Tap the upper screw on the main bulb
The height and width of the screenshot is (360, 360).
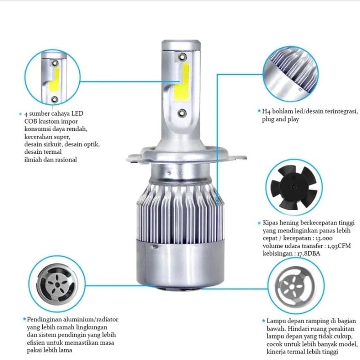click(x=183, y=57)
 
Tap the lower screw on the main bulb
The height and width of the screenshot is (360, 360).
click(x=182, y=113)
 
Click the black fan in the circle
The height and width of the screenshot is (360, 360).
click(x=294, y=187)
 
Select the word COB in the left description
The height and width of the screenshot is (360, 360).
click(x=31, y=121)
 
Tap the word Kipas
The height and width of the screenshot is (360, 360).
click(x=270, y=223)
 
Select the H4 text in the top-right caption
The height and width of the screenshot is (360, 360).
click(x=266, y=111)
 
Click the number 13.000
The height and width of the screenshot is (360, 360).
click(x=324, y=238)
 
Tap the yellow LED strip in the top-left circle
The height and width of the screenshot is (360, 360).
click(x=55, y=79)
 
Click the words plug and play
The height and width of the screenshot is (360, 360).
click(x=280, y=120)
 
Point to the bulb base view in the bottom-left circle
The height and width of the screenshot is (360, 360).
click(x=57, y=285)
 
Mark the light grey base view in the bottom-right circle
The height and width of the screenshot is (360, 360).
click(x=295, y=286)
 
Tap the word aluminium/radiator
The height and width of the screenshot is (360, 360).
click(x=90, y=320)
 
